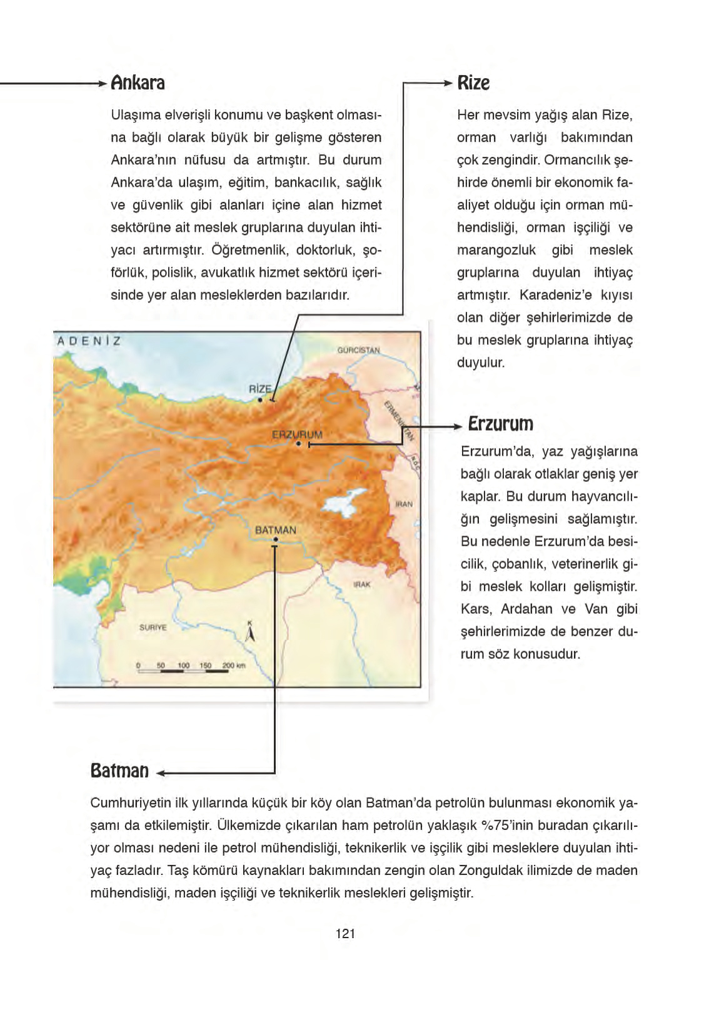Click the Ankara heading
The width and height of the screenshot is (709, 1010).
(x=138, y=83)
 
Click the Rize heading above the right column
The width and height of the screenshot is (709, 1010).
(x=473, y=83)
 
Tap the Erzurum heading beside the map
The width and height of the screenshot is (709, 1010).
(x=500, y=424)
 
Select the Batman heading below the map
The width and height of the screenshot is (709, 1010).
(x=119, y=770)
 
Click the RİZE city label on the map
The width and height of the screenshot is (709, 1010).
(x=260, y=389)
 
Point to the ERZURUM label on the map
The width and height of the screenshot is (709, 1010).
(x=297, y=434)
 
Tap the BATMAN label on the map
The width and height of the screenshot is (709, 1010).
(x=276, y=530)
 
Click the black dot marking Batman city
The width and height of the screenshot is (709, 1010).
(x=276, y=541)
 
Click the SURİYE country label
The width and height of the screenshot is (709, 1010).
(x=153, y=627)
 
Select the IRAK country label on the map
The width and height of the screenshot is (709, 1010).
(x=361, y=584)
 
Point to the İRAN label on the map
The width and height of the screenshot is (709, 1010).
(x=404, y=504)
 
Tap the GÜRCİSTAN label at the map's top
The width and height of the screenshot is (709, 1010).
(x=358, y=350)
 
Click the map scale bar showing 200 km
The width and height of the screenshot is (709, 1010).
(x=191, y=667)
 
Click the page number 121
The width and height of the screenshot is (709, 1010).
(x=345, y=934)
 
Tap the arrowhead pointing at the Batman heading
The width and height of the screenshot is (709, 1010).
(x=161, y=774)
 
